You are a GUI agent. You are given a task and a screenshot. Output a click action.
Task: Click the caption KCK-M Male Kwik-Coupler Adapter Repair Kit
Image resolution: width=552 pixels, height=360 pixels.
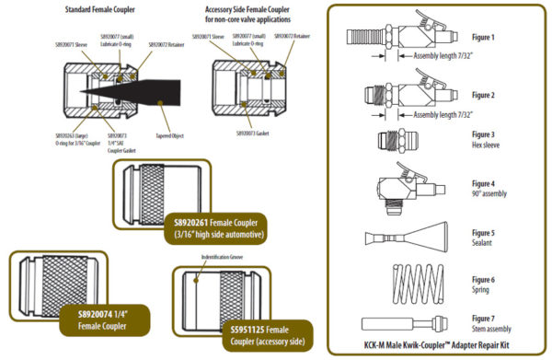pos(438,348)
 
